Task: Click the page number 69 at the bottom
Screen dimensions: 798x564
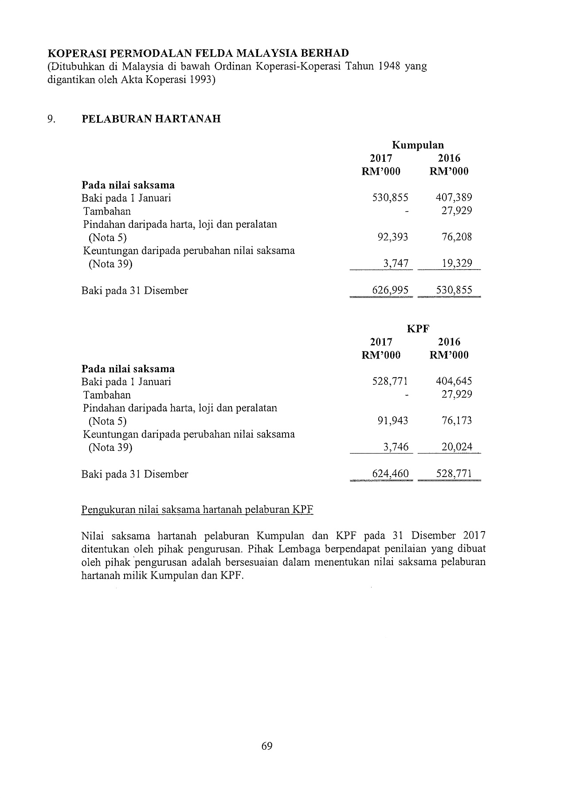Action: coord(267,746)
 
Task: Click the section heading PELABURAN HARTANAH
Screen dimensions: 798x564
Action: coord(151,119)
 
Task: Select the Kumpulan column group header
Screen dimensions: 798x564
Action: coord(418,145)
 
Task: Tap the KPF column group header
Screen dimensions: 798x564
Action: coord(418,329)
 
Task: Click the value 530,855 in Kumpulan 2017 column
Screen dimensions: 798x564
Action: coord(390,198)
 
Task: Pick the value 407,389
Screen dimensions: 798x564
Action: coord(454,198)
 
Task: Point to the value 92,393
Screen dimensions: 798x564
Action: coord(392,237)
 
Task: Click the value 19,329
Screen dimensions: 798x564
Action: coord(457,264)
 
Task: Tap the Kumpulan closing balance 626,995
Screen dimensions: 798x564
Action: coord(390,290)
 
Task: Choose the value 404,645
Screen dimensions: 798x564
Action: coord(454,381)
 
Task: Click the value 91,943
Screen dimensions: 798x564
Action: coord(392,421)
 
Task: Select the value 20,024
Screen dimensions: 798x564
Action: coord(457,447)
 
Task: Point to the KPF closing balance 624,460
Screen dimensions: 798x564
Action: coord(390,474)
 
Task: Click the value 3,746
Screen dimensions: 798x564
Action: coord(396,447)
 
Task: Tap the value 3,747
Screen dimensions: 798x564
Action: coord(396,264)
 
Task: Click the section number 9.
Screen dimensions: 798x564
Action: coord(51,119)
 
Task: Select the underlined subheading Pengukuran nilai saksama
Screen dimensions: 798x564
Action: coord(197,510)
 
